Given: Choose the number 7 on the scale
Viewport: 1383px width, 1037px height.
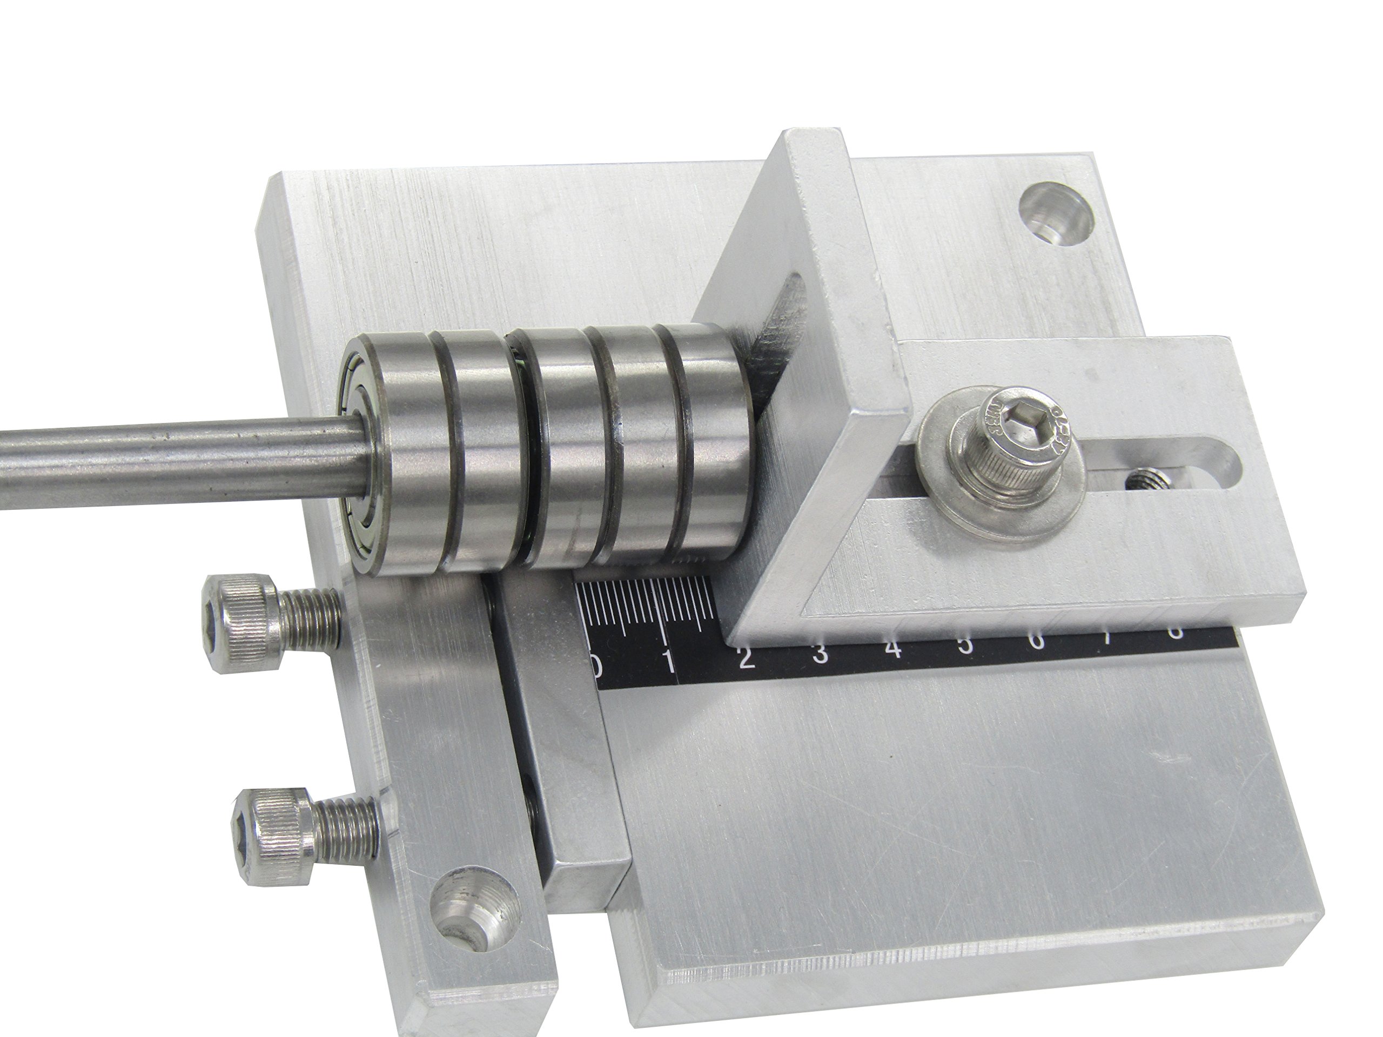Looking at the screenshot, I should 1109,637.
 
